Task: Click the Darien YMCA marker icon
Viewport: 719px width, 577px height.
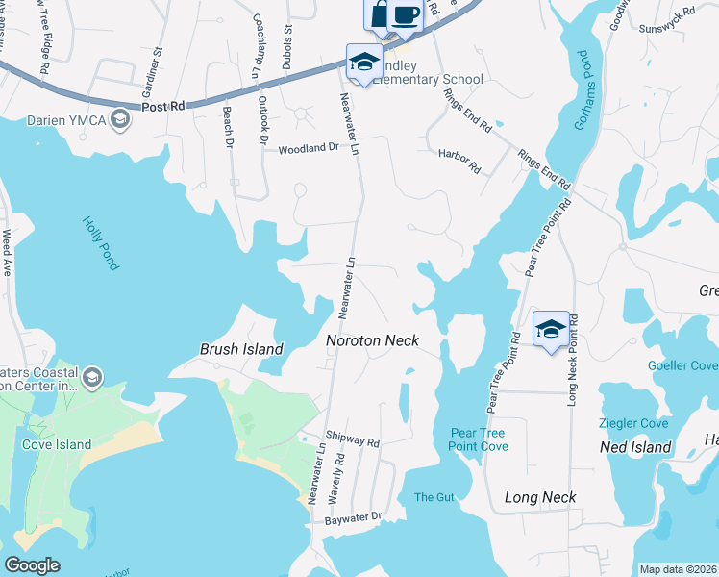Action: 120,119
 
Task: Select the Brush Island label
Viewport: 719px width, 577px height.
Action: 241,349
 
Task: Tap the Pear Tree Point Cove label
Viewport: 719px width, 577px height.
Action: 478,439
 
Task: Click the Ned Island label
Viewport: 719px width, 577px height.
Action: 634,448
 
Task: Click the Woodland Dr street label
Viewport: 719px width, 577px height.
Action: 309,149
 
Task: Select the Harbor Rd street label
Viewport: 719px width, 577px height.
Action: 459,160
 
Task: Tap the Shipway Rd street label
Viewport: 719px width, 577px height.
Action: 353,439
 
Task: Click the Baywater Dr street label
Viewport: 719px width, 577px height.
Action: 353,516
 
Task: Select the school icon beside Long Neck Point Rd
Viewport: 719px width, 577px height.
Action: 551,328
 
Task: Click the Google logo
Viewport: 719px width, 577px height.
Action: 32,565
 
